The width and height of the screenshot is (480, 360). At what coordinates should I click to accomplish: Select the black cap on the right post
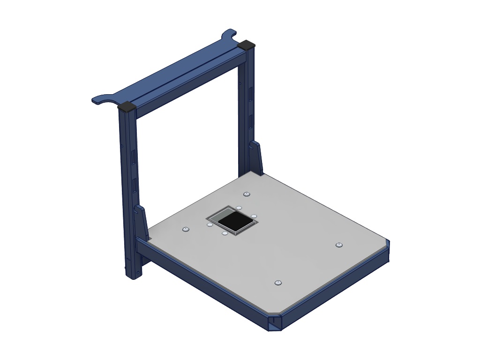click(x=247, y=45)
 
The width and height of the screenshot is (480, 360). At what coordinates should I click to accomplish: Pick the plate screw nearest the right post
click(x=247, y=194)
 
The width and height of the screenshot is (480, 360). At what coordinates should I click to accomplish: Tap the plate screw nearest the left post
click(x=185, y=229)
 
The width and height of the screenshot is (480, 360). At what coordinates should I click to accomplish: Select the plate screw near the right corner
click(x=339, y=245)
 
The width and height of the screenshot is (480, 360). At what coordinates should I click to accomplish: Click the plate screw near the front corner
click(x=278, y=282)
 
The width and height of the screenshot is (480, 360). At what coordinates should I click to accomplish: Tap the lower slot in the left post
click(x=135, y=186)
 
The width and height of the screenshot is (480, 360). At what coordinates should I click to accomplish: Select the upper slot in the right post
click(x=251, y=93)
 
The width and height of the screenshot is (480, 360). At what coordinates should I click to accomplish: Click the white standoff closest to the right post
click(x=239, y=207)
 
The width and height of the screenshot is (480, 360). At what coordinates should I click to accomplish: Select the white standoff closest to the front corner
click(x=225, y=233)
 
